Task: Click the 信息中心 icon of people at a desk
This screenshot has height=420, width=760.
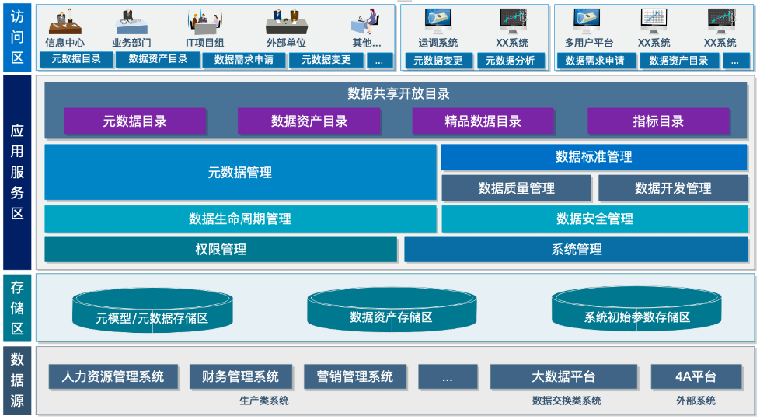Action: click(x=64, y=21)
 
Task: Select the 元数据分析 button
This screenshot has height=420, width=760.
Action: click(x=510, y=61)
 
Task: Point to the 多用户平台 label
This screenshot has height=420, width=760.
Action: click(x=588, y=44)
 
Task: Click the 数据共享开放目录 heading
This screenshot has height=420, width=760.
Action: click(x=398, y=94)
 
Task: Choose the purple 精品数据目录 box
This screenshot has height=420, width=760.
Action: click(x=483, y=121)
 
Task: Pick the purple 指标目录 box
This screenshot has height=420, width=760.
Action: click(x=658, y=121)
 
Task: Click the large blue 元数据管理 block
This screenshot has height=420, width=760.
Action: click(x=240, y=173)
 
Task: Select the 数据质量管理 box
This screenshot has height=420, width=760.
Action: click(x=516, y=188)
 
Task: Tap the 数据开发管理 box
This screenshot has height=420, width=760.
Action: click(x=673, y=188)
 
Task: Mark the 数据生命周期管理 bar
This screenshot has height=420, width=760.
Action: click(x=240, y=219)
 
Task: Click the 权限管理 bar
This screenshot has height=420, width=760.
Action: click(x=221, y=250)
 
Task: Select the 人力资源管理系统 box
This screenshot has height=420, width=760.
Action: click(x=113, y=377)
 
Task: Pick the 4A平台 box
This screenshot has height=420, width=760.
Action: click(x=695, y=377)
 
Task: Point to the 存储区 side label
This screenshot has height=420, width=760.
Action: click(x=17, y=307)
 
